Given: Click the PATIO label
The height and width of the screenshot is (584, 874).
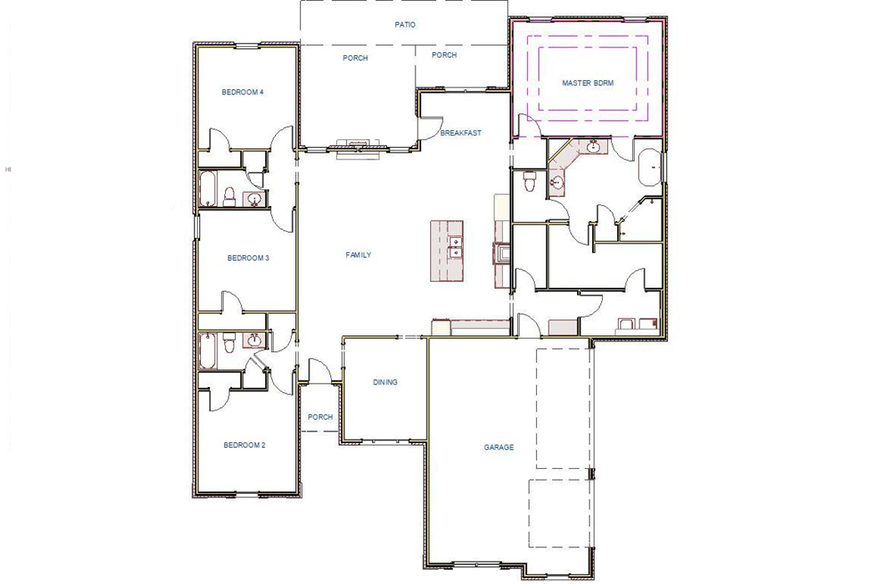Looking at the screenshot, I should tap(405, 25).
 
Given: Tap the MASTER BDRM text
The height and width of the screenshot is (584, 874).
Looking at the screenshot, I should tap(588, 83).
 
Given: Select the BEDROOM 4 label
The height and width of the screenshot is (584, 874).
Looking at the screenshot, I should tap(243, 92).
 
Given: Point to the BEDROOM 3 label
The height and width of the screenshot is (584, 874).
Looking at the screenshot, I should tap(248, 259).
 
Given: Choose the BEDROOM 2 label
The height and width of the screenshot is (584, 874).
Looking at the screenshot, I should tap(244, 446).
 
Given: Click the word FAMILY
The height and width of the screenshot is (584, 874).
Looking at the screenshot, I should tap(359, 255).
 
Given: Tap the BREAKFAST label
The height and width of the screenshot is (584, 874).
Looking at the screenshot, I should tap(460, 133).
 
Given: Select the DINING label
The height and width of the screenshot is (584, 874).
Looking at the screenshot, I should tap(385, 383).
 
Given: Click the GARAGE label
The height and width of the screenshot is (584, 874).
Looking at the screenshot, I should tap(499, 448).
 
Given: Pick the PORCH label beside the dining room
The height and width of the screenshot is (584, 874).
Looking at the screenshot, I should tap(320, 417).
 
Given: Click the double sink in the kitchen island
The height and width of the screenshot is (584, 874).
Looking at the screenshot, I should tap(455, 248).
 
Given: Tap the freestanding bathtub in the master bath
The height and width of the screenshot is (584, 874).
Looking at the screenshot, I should tap(650, 169).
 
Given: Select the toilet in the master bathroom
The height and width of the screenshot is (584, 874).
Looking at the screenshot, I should tap(529, 181).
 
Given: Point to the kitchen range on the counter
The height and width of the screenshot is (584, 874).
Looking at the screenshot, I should tap(503, 253).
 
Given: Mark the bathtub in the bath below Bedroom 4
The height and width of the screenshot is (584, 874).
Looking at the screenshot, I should tap(207, 189).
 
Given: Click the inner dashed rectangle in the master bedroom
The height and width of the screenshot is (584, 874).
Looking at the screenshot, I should tap(589, 79).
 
